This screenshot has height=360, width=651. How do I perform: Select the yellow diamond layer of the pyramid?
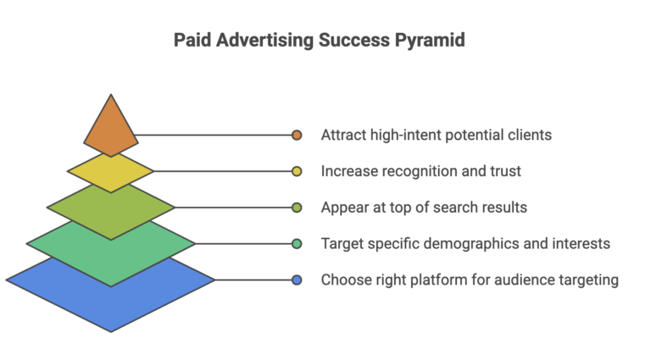pos(111,173)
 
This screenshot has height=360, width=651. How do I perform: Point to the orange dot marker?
pos(297,135)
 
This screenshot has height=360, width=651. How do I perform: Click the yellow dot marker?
pos(297,171)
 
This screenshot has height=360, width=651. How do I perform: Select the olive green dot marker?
pos(297,208)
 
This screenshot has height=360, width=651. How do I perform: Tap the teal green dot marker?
pos(297,244)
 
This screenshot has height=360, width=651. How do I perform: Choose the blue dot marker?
pos(297,280)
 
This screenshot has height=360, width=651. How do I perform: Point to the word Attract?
pos(343,135)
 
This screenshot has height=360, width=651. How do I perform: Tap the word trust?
pos(504,171)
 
